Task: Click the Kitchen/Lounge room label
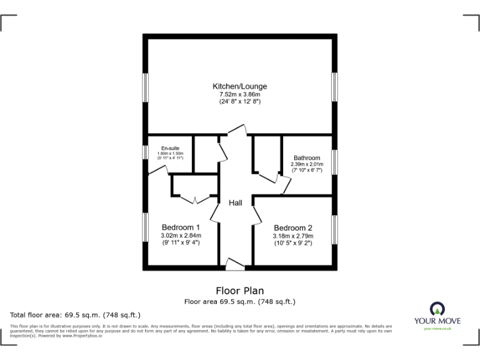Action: pyautogui.click(x=239, y=86)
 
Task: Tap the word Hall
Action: pyautogui.click(x=236, y=203)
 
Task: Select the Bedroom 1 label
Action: pyautogui.click(x=181, y=227)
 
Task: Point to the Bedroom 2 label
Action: pyautogui.click(x=292, y=227)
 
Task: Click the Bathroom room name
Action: pyautogui.click(x=307, y=158)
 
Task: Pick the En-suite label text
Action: pyautogui.click(x=170, y=148)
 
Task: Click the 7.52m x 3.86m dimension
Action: pyautogui.click(x=239, y=94)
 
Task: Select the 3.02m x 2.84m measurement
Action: pyautogui.click(x=181, y=235)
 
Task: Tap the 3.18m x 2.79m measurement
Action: pyautogui.click(x=292, y=236)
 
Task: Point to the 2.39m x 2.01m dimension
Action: pyautogui.click(x=307, y=165)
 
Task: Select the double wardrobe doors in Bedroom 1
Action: pyautogui.click(x=195, y=201)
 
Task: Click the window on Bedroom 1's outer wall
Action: pyautogui.click(x=145, y=227)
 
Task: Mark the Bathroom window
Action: pyautogui.click(x=334, y=162)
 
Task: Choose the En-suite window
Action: pyautogui.click(x=145, y=152)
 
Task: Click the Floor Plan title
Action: pyautogui.click(x=239, y=291)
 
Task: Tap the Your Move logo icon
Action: pyautogui.click(x=437, y=309)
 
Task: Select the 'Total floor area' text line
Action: pyautogui.click(x=76, y=314)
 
